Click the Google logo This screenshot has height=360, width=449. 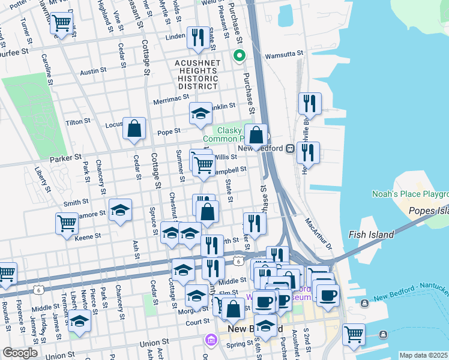point(20,353)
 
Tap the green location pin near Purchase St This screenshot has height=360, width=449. point(239,56)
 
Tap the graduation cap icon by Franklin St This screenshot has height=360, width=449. point(200,112)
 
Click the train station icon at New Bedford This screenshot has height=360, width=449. point(289,148)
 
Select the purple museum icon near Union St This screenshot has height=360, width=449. point(210,340)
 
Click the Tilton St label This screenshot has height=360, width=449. point(77,121)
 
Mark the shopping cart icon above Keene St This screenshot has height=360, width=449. point(67,223)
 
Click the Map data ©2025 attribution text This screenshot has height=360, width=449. point(423,355)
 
